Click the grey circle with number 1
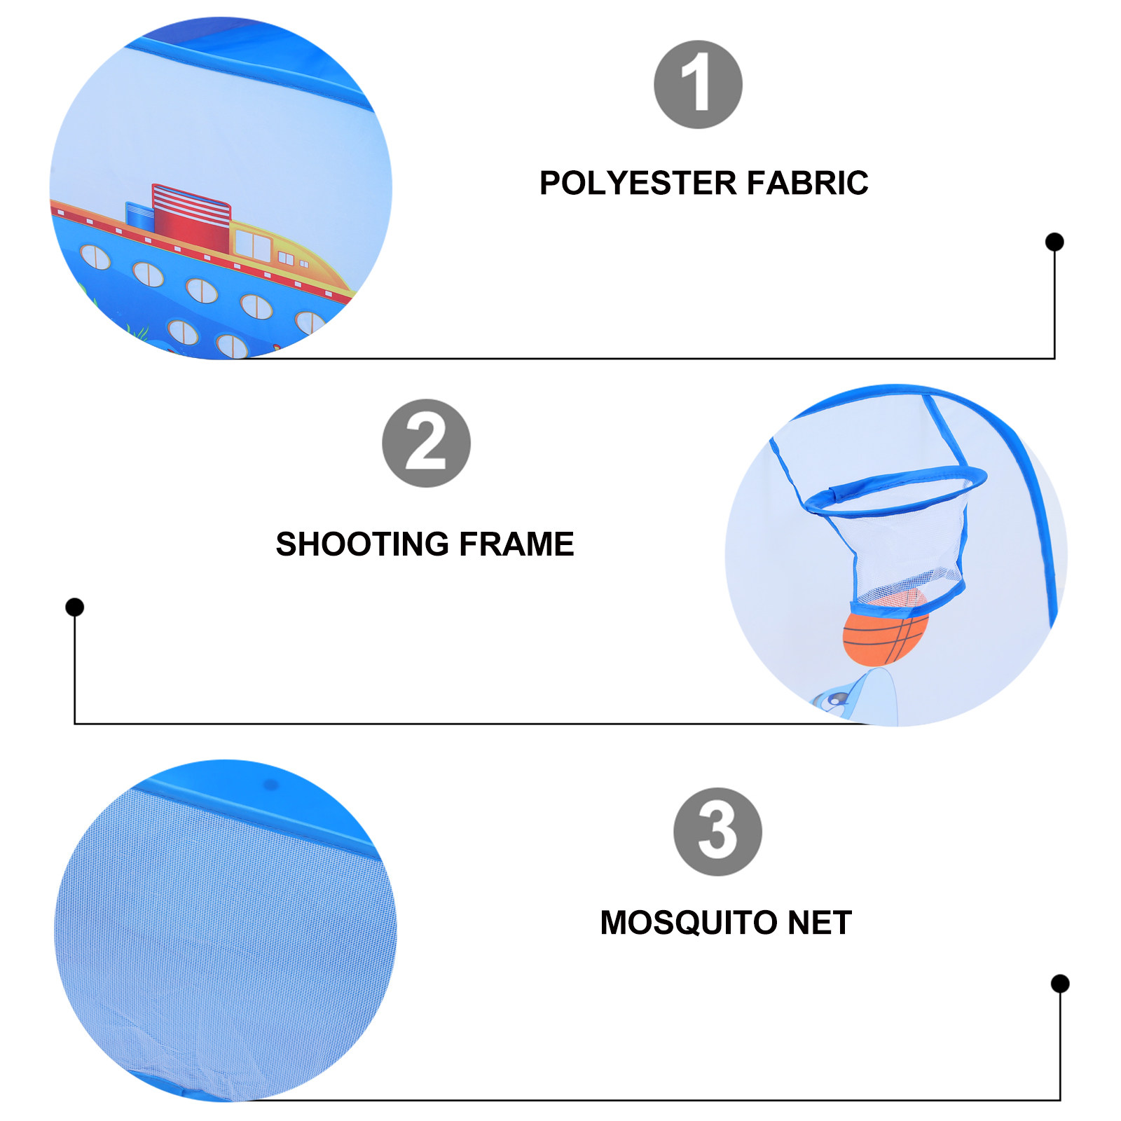click(x=698, y=85)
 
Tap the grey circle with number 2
click(x=426, y=443)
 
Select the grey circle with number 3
click(x=717, y=832)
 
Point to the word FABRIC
click(x=807, y=184)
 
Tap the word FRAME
click(x=516, y=544)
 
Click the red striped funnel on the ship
click(x=191, y=217)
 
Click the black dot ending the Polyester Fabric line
click(x=1054, y=242)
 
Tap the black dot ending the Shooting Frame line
click(x=75, y=607)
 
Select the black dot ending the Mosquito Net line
click(x=1060, y=983)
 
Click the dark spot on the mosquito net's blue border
click(x=270, y=785)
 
